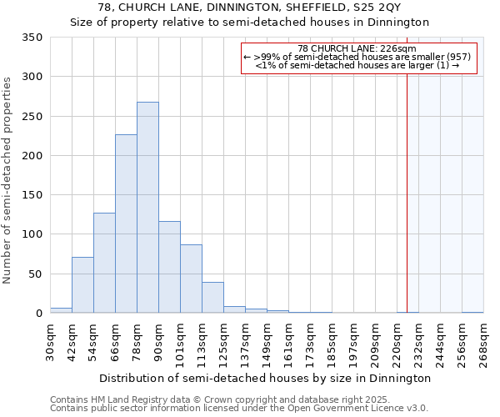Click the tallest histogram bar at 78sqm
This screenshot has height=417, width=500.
point(147,208)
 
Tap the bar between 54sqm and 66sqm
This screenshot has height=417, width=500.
point(104,263)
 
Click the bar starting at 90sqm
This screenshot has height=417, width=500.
point(169,267)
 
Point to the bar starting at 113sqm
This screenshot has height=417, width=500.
point(212,298)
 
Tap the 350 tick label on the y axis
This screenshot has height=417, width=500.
point(32,38)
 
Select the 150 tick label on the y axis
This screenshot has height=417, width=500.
point(32,195)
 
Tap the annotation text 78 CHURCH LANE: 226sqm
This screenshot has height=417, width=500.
point(358,49)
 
